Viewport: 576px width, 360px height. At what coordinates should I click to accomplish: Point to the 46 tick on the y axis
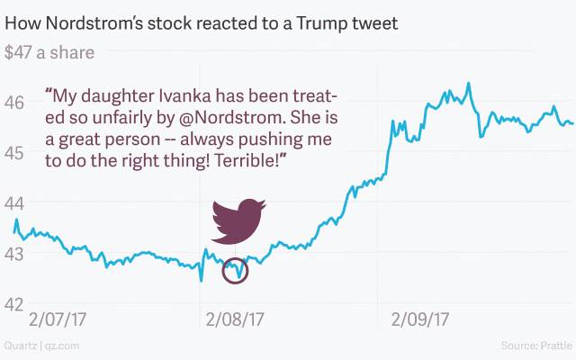tap(14, 102)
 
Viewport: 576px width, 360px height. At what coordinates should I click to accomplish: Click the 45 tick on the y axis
tap(14, 152)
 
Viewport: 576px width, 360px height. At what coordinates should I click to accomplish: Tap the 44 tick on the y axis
tap(14, 203)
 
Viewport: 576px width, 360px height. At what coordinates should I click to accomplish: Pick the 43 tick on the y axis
tap(14, 254)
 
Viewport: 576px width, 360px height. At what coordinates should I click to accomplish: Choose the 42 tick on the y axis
tap(14, 304)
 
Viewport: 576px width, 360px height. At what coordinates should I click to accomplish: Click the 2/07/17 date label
tap(58, 319)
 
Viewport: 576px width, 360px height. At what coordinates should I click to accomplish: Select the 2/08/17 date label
tap(235, 319)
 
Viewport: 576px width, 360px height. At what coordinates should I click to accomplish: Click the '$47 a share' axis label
tap(49, 52)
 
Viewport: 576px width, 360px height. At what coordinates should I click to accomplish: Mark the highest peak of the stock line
tap(468, 84)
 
